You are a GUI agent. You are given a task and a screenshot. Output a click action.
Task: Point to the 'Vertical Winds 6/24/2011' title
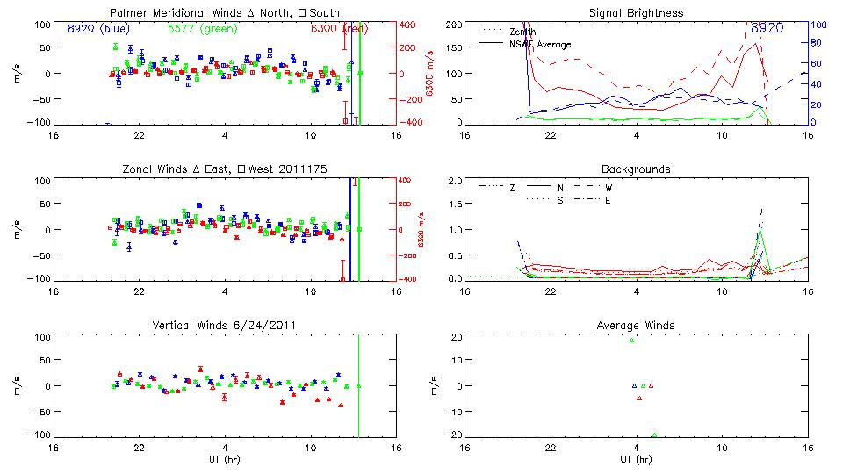pyautogui.click(x=223, y=326)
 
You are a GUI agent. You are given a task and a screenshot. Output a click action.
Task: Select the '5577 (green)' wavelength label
pyautogui.click(x=201, y=28)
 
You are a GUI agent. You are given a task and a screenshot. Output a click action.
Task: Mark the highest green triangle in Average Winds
pyautogui.click(x=631, y=340)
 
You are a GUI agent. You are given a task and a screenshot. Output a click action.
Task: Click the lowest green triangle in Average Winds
pyautogui.click(x=654, y=434)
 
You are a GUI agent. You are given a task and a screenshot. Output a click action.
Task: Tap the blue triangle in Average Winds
pyautogui.click(x=635, y=385)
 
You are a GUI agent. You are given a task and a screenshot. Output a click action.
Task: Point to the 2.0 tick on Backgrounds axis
pyautogui.click(x=455, y=181)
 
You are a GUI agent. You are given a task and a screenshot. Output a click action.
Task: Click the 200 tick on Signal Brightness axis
pyautogui.click(x=453, y=25)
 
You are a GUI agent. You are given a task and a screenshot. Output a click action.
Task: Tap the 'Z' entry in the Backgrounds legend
pyautogui.click(x=512, y=187)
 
